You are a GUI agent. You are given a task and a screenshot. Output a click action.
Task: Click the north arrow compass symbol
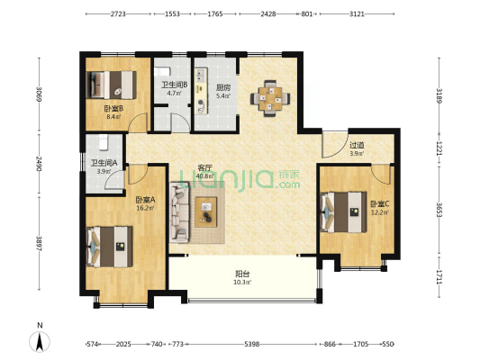tap(40, 341)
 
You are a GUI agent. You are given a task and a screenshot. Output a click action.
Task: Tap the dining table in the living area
tap(270, 98)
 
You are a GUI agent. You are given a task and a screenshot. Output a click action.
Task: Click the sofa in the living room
tap(180, 212)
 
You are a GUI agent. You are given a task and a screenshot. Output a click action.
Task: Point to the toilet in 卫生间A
tap(104, 142)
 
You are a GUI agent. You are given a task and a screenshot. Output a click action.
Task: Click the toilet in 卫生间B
tap(162, 72)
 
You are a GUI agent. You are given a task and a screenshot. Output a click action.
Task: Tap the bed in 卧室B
tap(111, 85)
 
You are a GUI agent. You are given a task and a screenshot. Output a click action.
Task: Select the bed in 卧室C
tap(343, 212)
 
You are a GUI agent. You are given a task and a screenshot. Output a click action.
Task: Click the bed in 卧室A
tap(110, 247)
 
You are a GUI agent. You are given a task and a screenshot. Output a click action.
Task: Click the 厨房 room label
tap(223, 88)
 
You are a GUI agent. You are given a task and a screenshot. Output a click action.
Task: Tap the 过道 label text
tap(357, 145)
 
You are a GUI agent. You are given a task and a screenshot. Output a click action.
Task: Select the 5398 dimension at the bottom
tap(252, 344)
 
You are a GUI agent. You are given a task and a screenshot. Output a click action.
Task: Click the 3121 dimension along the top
tap(357, 13)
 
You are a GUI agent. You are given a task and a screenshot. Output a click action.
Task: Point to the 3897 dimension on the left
tap(39, 243)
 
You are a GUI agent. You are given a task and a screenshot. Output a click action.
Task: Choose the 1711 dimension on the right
tap(439, 277)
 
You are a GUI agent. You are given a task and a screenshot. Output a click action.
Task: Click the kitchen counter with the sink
tap(201, 91)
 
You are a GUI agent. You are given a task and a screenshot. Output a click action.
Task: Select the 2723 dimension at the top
tap(118, 13)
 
